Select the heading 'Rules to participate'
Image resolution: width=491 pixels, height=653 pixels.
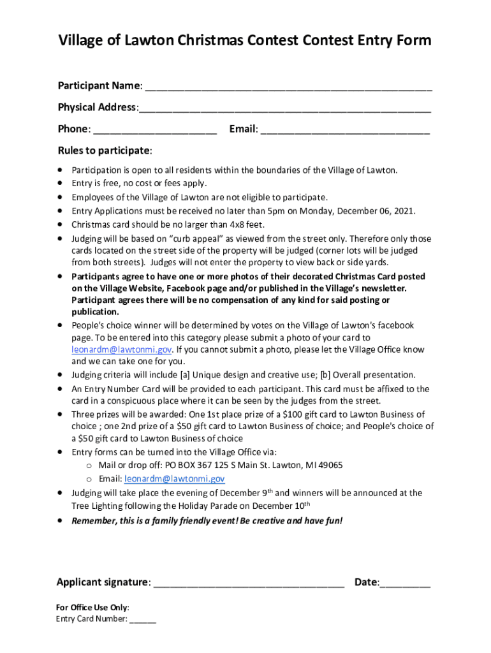pyautogui.click(x=105, y=151)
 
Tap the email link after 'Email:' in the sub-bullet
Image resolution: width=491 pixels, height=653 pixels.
pyautogui.click(x=175, y=479)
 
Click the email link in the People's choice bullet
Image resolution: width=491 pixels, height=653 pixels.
pyautogui.click(x=121, y=349)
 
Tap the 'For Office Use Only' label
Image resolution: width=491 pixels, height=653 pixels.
pyautogui.click(x=92, y=608)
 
